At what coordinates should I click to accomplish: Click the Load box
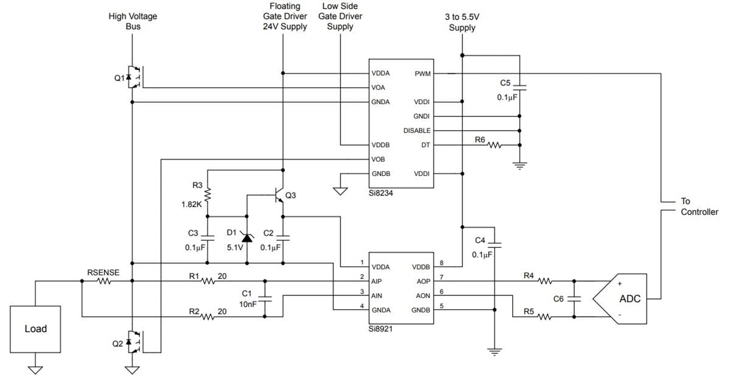(35, 329)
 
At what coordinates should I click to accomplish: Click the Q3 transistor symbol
(278, 196)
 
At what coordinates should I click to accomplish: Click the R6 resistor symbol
(493, 146)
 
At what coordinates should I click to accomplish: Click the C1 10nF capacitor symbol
(265, 299)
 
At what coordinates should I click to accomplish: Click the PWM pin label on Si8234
(423, 73)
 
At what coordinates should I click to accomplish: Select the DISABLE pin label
(417, 131)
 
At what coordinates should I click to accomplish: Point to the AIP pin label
(378, 281)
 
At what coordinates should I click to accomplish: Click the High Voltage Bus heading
(133, 21)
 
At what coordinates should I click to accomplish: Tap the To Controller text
(699, 206)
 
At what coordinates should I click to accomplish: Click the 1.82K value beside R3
(192, 205)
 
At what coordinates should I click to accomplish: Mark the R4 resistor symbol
(545, 281)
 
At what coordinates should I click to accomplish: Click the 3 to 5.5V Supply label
(462, 23)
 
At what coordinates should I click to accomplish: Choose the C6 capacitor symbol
(574, 299)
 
